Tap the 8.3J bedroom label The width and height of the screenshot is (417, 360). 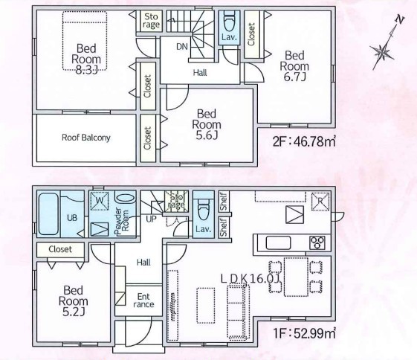click(86, 59)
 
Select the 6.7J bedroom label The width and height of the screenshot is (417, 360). click(294, 66)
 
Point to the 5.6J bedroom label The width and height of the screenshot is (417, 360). click(207, 124)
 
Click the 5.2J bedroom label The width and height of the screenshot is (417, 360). click(73, 301)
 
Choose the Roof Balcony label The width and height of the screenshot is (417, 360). click(86, 138)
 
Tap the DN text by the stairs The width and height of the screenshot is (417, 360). click(182, 47)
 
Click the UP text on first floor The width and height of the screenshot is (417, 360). click(151, 219)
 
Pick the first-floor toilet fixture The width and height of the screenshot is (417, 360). click(204, 211)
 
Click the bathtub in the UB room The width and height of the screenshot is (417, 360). click(48, 214)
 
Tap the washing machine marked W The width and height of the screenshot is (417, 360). click(100, 201)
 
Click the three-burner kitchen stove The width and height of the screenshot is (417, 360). click(317, 242)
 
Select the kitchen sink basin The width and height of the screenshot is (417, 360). click(279, 242)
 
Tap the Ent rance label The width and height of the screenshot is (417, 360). click(143, 300)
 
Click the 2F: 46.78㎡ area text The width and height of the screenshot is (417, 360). click(304, 141)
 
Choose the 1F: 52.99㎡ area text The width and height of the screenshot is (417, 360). click(304, 333)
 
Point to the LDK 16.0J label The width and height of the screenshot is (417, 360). click(250, 279)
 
